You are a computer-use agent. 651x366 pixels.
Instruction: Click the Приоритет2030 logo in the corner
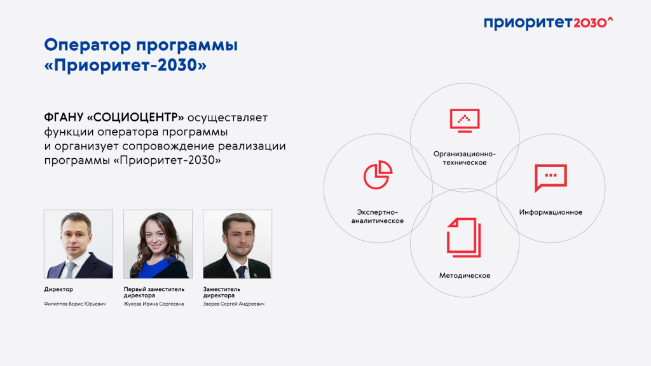[547, 23]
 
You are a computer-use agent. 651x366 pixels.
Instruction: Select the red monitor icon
[465, 119]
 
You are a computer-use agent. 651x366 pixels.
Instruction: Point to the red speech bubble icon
[551, 178]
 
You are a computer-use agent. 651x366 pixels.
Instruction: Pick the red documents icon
[464, 236]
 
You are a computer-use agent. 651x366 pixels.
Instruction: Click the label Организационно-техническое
[464, 158]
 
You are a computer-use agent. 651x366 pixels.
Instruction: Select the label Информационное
[551, 212]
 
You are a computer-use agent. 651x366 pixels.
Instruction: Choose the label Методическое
[465, 276]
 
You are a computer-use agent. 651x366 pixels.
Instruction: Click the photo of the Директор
[78, 244]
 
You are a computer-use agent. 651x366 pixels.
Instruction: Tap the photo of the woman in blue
[158, 244]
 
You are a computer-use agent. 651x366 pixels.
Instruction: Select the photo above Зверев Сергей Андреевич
[237, 244]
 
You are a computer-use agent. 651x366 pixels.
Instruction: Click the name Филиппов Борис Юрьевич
[75, 304]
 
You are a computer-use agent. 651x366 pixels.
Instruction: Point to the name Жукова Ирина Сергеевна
[154, 304]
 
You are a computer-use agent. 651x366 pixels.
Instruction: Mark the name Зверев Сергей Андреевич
[233, 304]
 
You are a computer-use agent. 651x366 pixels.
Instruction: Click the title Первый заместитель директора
[154, 292]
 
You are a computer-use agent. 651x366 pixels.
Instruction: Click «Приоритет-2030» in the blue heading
[126, 65]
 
